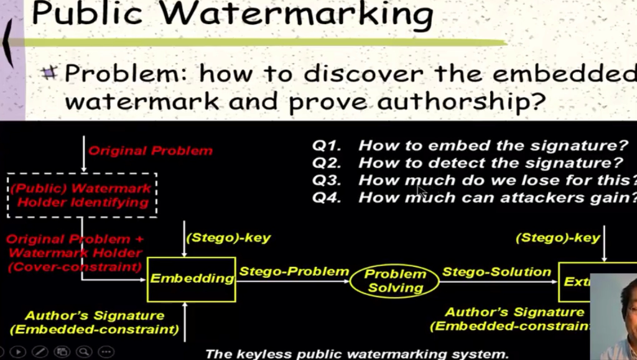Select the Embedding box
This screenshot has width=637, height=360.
191,279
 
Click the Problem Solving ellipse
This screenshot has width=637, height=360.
394,280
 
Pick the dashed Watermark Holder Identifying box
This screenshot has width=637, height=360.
81,195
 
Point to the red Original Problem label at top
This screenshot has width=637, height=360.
150,150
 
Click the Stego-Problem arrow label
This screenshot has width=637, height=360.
294,271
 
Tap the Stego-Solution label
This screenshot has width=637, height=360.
496,271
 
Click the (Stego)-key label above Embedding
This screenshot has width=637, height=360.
228,238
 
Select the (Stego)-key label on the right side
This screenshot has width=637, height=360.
559,238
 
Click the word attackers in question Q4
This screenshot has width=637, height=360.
536,198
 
